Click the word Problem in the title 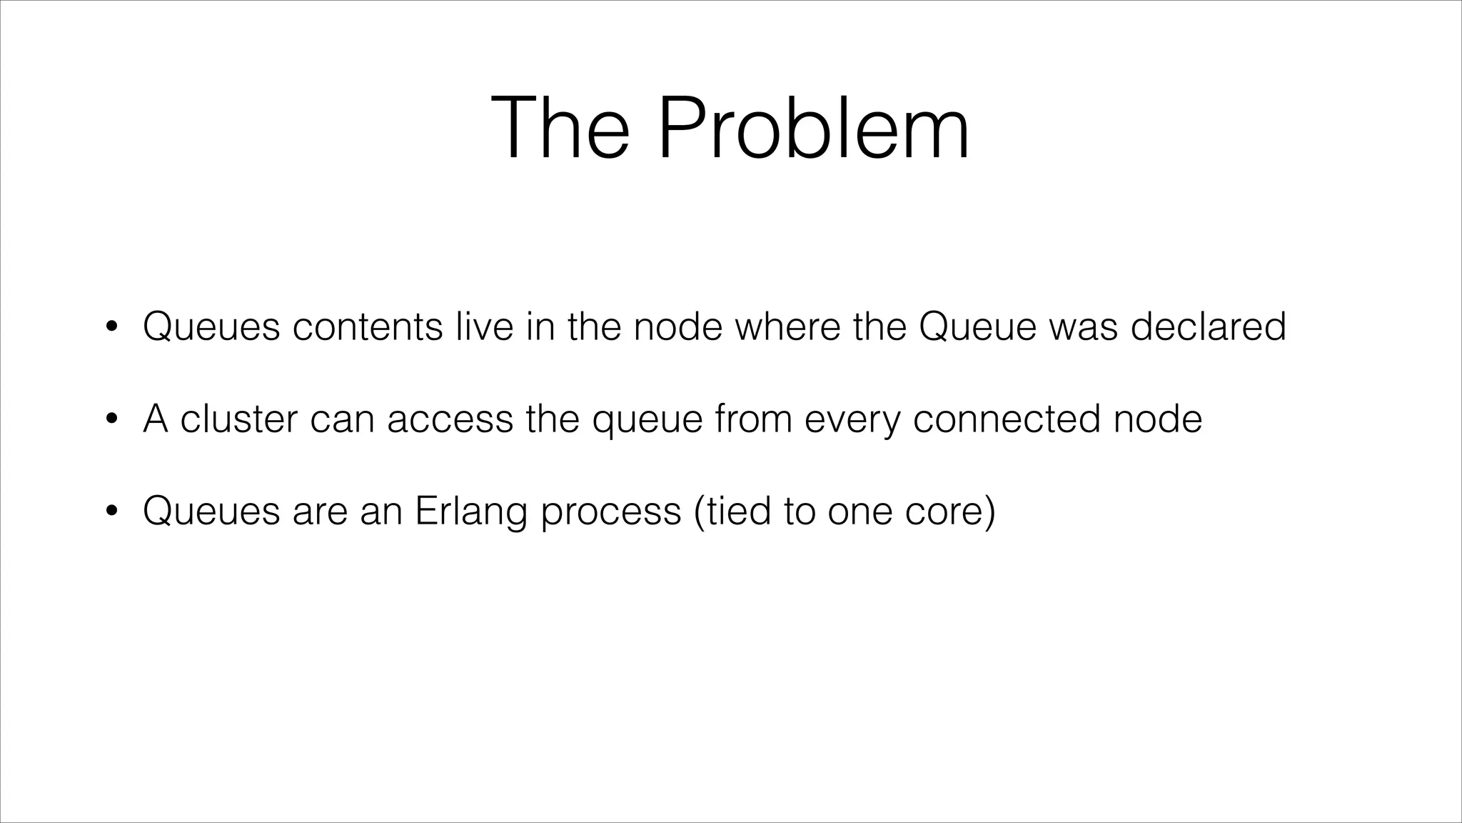(x=813, y=129)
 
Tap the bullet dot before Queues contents (x=111, y=328)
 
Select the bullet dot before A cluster (x=111, y=420)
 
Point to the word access (x=450, y=420)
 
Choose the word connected (x=1007, y=419)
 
